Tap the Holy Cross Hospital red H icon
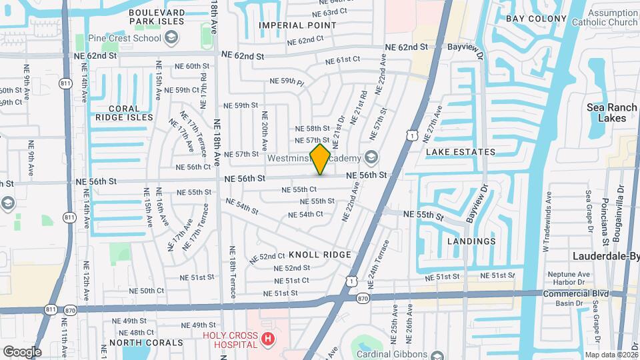point(268,339)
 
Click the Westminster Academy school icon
point(371,158)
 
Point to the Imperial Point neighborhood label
point(297,25)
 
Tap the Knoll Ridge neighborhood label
point(320,255)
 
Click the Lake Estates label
point(461,152)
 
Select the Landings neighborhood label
point(471,241)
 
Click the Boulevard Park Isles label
point(147,17)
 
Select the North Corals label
point(146,343)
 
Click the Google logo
point(22,351)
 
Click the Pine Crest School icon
point(172,37)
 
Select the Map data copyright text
point(611,355)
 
